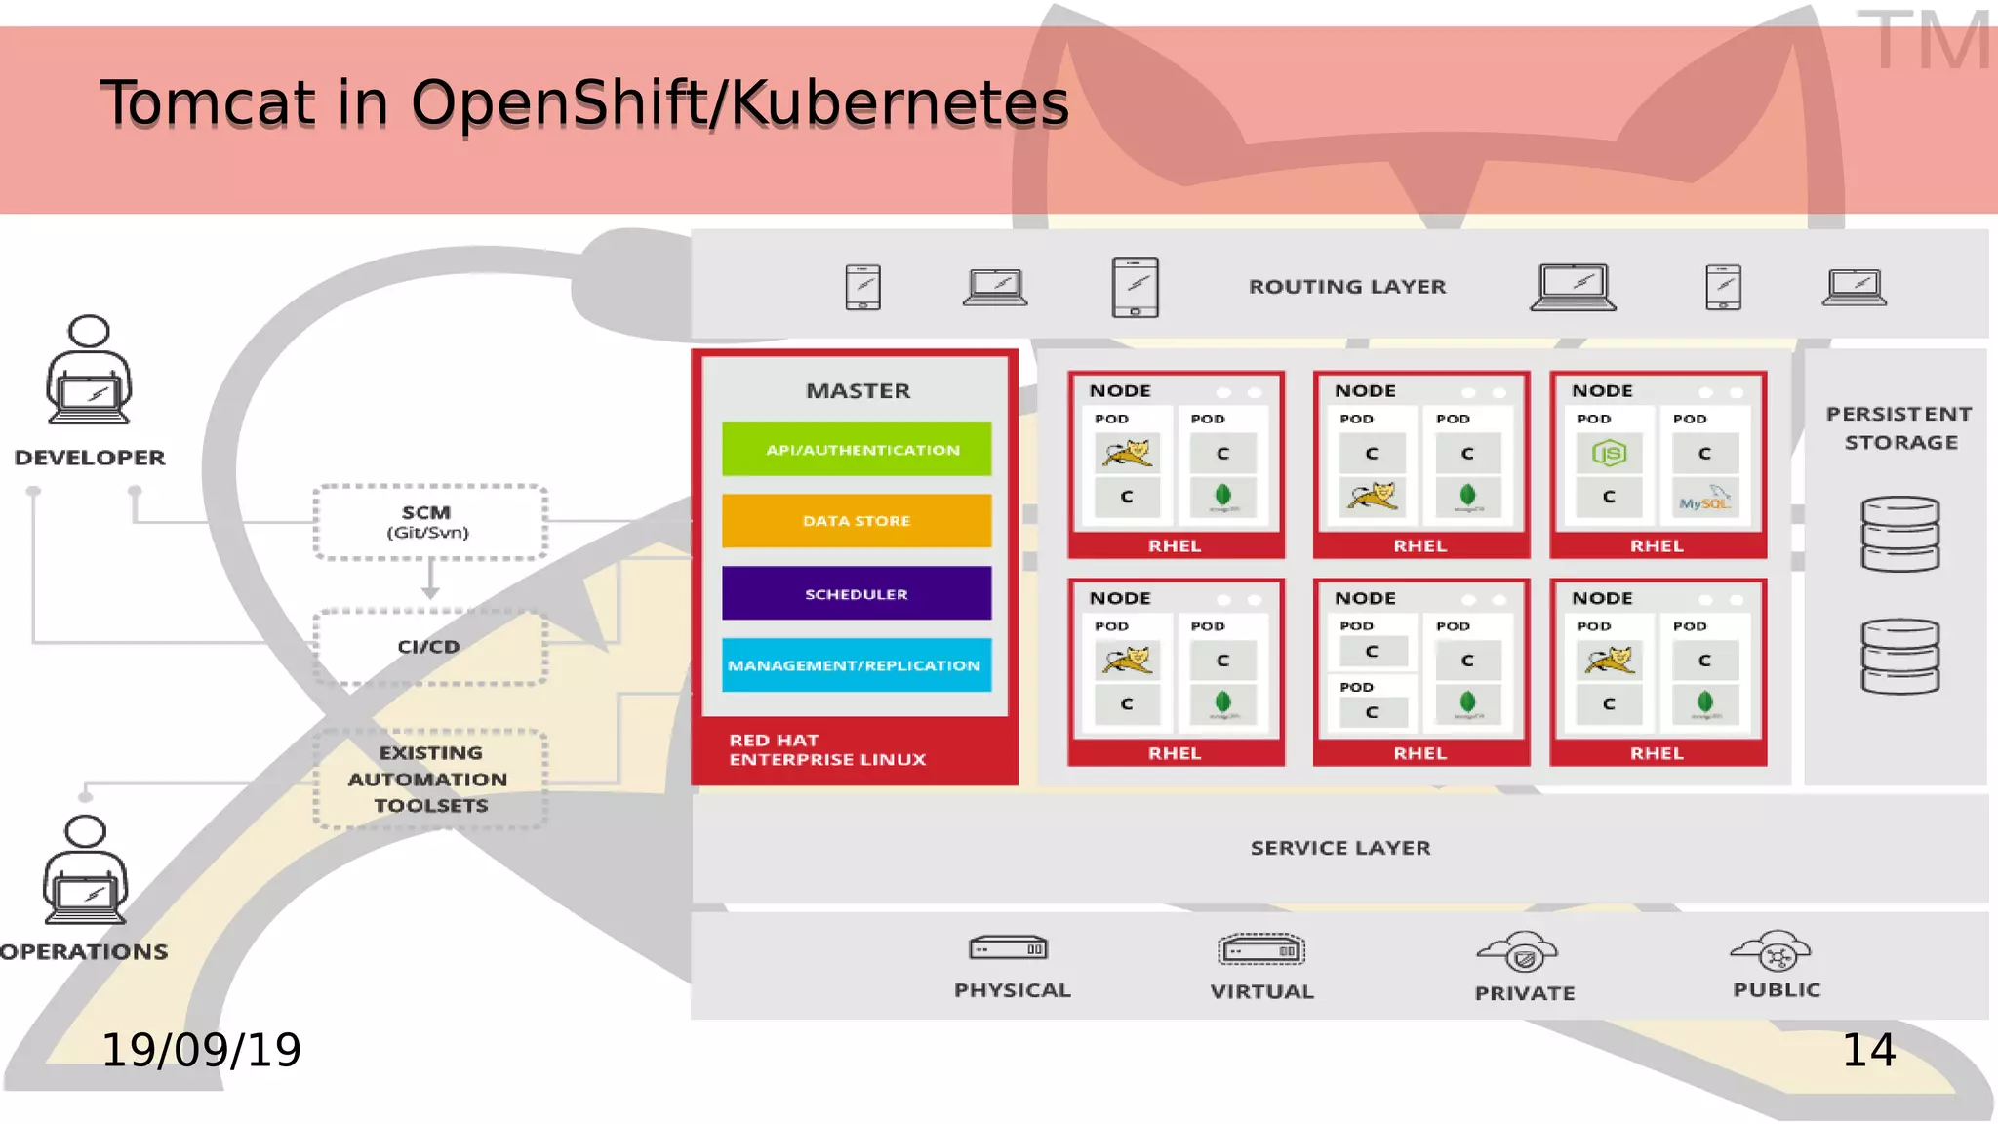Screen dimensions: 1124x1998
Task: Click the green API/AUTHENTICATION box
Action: pos(857,449)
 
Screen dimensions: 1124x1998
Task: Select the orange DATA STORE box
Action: pos(857,520)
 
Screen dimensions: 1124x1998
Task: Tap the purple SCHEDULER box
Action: pos(857,593)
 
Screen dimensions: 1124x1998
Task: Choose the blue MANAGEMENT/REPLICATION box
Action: pos(857,664)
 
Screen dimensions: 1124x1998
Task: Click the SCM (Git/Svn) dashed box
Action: pos(429,522)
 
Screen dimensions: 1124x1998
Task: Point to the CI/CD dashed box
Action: pos(429,646)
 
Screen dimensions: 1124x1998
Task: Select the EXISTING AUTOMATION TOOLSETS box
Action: pos(429,779)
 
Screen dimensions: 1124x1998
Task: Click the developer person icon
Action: pos(89,371)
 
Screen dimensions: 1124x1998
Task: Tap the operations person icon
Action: pos(86,870)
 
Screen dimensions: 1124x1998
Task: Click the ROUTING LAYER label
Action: pos(1347,287)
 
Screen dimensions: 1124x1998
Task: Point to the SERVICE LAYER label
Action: pos(1340,848)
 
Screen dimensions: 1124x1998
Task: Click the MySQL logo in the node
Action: pos(1704,499)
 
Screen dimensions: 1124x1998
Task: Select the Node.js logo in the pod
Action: pos(1609,453)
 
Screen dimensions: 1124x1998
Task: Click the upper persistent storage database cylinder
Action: pos(1899,534)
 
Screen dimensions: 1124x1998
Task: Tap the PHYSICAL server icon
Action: pos(1008,948)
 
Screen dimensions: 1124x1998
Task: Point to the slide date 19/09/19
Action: pos(201,1051)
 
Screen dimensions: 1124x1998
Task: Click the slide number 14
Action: pos(1868,1051)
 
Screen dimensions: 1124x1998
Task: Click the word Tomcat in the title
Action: pos(208,103)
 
